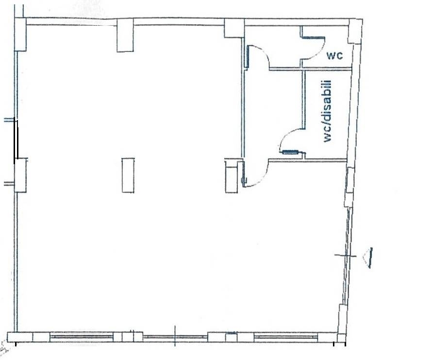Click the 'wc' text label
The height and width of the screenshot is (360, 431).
click(x=334, y=55)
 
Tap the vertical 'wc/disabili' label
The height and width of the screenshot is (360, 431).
click(x=327, y=111)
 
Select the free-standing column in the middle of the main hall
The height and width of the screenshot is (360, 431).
click(x=128, y=175)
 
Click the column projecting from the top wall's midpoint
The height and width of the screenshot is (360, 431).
click(x=125, y=35)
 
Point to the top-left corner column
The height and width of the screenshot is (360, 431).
click(x=20, y=34)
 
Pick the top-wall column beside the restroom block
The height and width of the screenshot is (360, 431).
click(x=234, y=28)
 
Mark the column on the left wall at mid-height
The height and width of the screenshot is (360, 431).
click(x=20, y=175)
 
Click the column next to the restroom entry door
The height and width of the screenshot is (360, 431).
click(x=232, y=176)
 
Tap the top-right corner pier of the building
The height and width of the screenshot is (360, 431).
click(x=355, y=31)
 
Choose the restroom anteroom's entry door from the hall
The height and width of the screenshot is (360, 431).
click(x=254, y=173)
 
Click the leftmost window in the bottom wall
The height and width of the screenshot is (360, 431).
click(x=82, y=337)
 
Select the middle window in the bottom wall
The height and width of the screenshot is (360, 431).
click(x=175, y=337)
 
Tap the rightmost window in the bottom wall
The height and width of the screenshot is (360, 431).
click(x=286, y=337)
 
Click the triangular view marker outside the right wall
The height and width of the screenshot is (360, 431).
click(x=368, y=258)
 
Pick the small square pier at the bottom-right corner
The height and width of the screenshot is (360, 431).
click(x=341, y=338)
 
